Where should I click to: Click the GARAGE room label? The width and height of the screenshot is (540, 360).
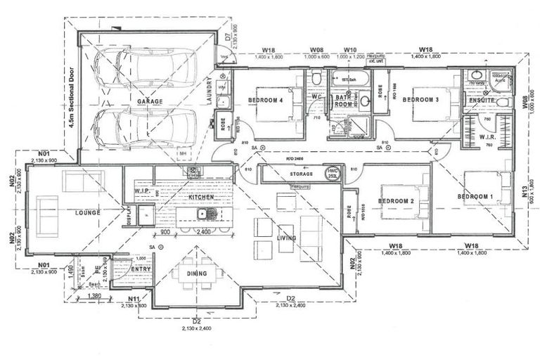(150, 101)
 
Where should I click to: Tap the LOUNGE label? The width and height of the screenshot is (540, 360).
(87, 212)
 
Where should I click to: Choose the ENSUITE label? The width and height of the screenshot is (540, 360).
(482, 101)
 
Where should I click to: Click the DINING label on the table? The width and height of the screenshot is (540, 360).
(196, 274)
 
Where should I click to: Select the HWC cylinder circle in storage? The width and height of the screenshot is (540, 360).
(332, 173)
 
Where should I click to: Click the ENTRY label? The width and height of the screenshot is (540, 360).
(141, 269)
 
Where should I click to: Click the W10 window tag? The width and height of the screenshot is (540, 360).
(349, 50)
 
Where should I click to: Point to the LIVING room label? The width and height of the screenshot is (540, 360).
(287, 238)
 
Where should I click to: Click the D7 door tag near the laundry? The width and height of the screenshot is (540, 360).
(229, 37)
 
